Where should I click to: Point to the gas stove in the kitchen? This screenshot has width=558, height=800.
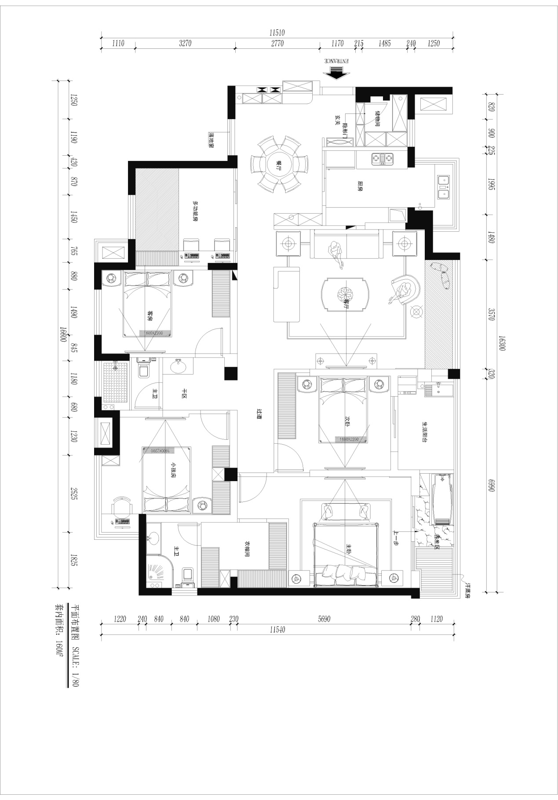[383, 158]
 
